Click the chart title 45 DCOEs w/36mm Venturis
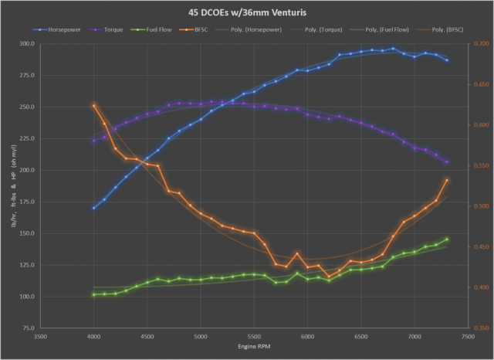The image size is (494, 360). point(247,12)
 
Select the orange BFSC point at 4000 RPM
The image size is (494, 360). point(94,105)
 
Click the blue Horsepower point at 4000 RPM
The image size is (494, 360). point(94,208)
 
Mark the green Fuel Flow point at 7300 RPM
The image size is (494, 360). point(447,239)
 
